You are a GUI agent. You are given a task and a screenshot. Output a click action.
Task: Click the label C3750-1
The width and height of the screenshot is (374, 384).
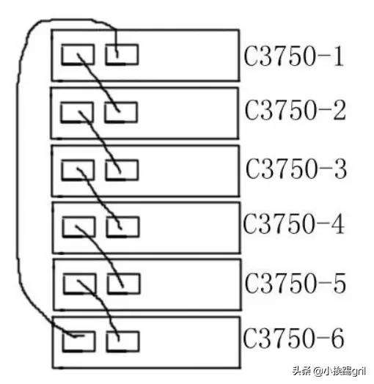coord(294,56)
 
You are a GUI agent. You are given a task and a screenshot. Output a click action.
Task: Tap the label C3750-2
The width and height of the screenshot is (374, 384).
coord(296,110)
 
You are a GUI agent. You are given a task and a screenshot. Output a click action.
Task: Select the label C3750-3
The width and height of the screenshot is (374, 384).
coord(296,169)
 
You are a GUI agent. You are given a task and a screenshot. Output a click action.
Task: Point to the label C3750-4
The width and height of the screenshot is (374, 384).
coord(294,224)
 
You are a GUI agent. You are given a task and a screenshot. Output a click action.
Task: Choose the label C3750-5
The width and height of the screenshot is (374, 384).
coord(296,283)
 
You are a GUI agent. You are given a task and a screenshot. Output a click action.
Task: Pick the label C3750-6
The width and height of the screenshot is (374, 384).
coord(293,338)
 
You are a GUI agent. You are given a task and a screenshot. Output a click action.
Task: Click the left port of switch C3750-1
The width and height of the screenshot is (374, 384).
coord(78,55)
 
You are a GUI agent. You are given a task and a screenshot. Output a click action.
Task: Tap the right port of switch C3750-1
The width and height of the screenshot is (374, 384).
coord(122,55)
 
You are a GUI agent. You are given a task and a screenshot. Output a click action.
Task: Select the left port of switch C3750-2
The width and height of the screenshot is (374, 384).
coord(77,112)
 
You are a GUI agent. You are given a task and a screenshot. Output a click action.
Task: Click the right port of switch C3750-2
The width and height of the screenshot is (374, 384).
coord(121,112)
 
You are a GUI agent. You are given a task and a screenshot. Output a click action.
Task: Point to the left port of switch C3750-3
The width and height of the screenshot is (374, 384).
coord(78,170)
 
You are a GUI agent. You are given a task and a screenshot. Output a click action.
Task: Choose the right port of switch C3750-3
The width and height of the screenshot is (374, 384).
coord(122,170)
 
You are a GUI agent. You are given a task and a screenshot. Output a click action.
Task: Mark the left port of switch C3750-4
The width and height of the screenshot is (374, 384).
coord(79,226)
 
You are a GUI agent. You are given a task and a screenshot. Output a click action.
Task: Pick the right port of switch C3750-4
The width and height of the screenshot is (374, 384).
coord(122,226)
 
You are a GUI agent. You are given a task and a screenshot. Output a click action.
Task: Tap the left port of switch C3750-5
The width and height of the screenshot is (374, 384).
coord(80,284)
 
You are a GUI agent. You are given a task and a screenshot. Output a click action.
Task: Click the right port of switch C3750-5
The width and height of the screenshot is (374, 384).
coord(123,284)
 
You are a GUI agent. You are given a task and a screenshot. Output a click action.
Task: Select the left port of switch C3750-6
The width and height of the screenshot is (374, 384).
coord(78,341)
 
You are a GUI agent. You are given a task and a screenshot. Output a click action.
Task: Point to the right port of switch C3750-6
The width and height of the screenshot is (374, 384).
coord(122,341)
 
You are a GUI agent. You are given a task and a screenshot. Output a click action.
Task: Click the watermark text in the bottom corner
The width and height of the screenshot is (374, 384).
coord(329,371)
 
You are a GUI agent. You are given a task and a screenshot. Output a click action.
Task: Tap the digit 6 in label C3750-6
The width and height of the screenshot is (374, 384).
coord(337,338)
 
